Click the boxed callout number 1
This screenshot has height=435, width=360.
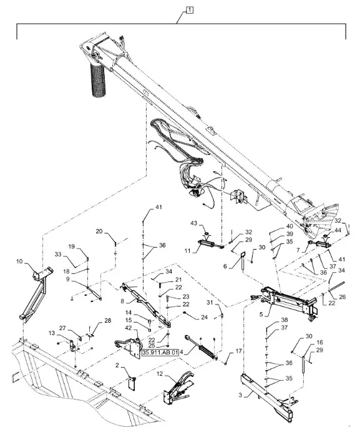(x=190, y=11)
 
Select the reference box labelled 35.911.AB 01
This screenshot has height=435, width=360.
(x=160, y=353)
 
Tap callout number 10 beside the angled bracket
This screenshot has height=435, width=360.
(x=19, y=261)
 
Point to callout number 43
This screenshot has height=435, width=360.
(x=193, y=223)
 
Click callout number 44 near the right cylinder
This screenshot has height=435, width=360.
(x=338, y=230)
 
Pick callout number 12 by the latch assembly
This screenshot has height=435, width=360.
(x=160, y=373)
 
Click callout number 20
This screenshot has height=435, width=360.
(x=99, y=231)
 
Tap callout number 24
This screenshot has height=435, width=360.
(x=204, y=317)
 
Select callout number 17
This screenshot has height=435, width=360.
(x=239, y=351)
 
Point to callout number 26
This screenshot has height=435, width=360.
(x=343, y=297)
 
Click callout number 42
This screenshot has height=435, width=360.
(x=136, y=328)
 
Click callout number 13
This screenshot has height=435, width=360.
(x=52, y=333)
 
